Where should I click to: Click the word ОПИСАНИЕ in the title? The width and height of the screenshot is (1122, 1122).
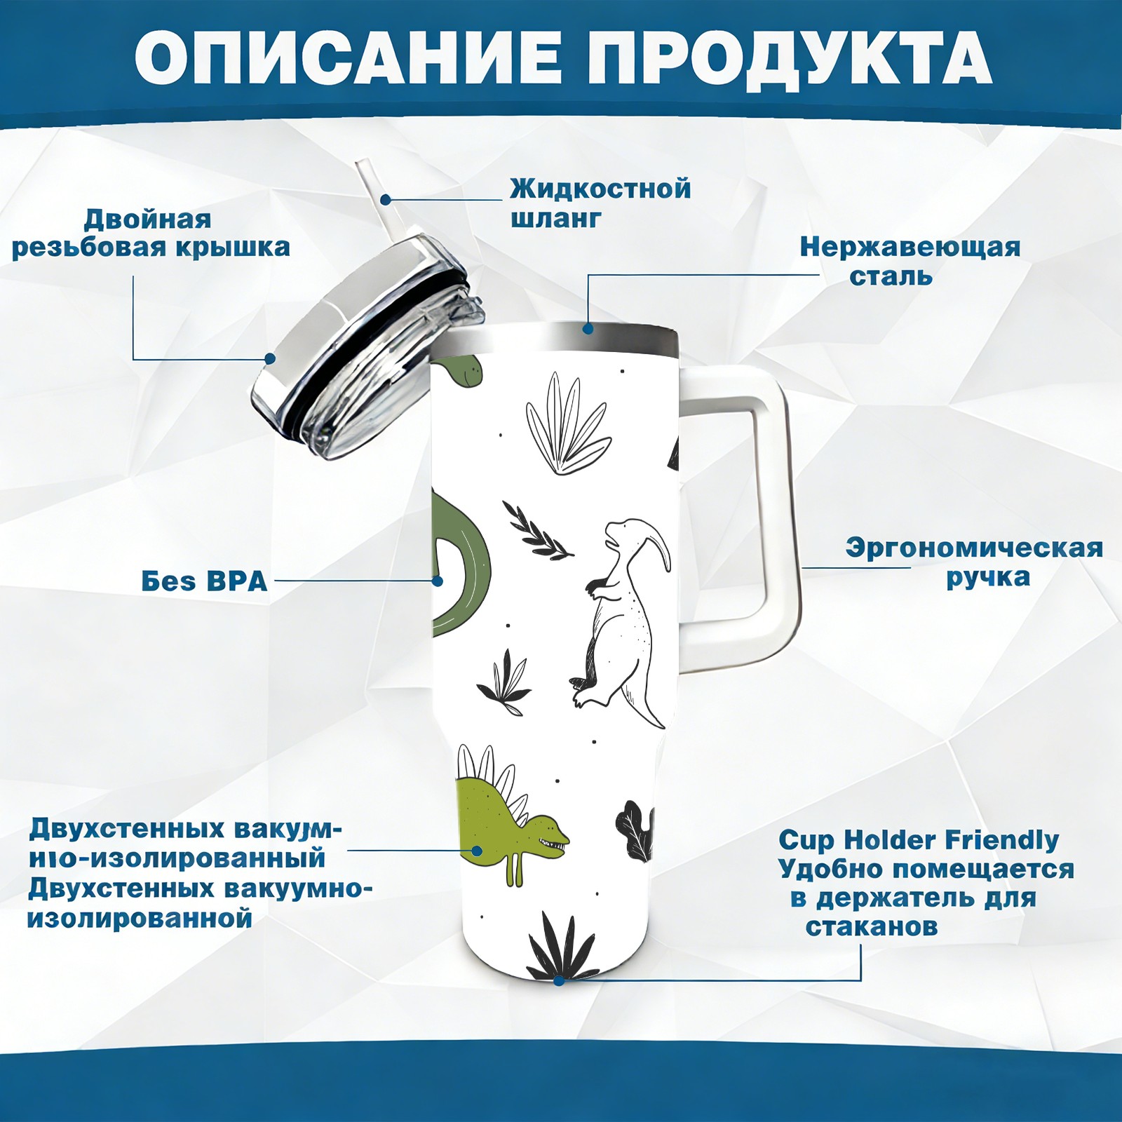pyautogui.click(x=349, y=57)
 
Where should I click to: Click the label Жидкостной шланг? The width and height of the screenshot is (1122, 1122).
pyautogui.click(x=600, y=203)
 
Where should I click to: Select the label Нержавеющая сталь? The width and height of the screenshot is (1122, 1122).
pyautogui.click(x=910, y=261)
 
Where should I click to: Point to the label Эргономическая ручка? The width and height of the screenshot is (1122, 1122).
pyautogui.click(x=975, y=562)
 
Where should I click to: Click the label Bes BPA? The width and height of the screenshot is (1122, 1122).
pyautogui.click(x=205, y=581)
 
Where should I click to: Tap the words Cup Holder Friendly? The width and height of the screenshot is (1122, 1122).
pyautogui.click(x=919, y=839)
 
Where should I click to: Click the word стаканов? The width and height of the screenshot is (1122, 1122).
pyautogui.click(x=871, y=926)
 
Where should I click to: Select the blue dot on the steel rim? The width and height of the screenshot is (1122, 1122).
pyautogui.click(x=588, y=328)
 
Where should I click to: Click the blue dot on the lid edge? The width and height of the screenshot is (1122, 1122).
pyautogui.click(x=269, y=359)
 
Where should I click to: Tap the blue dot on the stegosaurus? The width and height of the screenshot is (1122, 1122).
pyautogui.click(x=477, y=851)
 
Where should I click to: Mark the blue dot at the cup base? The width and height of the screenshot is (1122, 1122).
pyautogui.click(x=559, y=980)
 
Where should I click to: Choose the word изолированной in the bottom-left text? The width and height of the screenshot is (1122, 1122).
pyautogui.click(x=140, y=918)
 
